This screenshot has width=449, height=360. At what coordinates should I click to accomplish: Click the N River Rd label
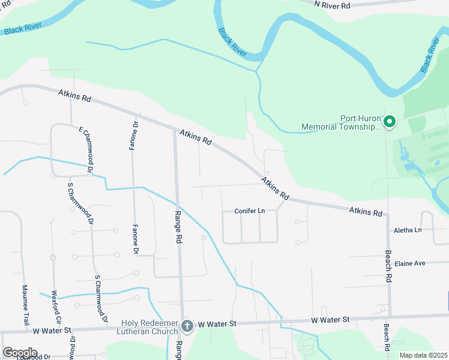point(333,4)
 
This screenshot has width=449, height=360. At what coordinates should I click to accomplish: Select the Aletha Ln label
point(408,230)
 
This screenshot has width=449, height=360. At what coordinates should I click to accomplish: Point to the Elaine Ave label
point(409,263)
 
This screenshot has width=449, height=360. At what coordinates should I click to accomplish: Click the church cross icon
point(187,326)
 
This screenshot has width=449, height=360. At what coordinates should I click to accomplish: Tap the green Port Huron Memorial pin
point(389,122)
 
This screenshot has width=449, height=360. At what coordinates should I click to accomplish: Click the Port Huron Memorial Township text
point(341,122)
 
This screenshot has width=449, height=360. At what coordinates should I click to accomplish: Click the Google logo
point(20,352)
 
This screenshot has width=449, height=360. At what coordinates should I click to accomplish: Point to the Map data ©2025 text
point(423,355)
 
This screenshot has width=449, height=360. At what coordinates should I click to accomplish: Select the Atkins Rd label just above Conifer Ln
point(275,188)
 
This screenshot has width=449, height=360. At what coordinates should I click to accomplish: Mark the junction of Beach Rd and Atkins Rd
point(387,215)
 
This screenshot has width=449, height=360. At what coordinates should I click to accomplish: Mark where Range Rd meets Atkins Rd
point(175,128)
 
